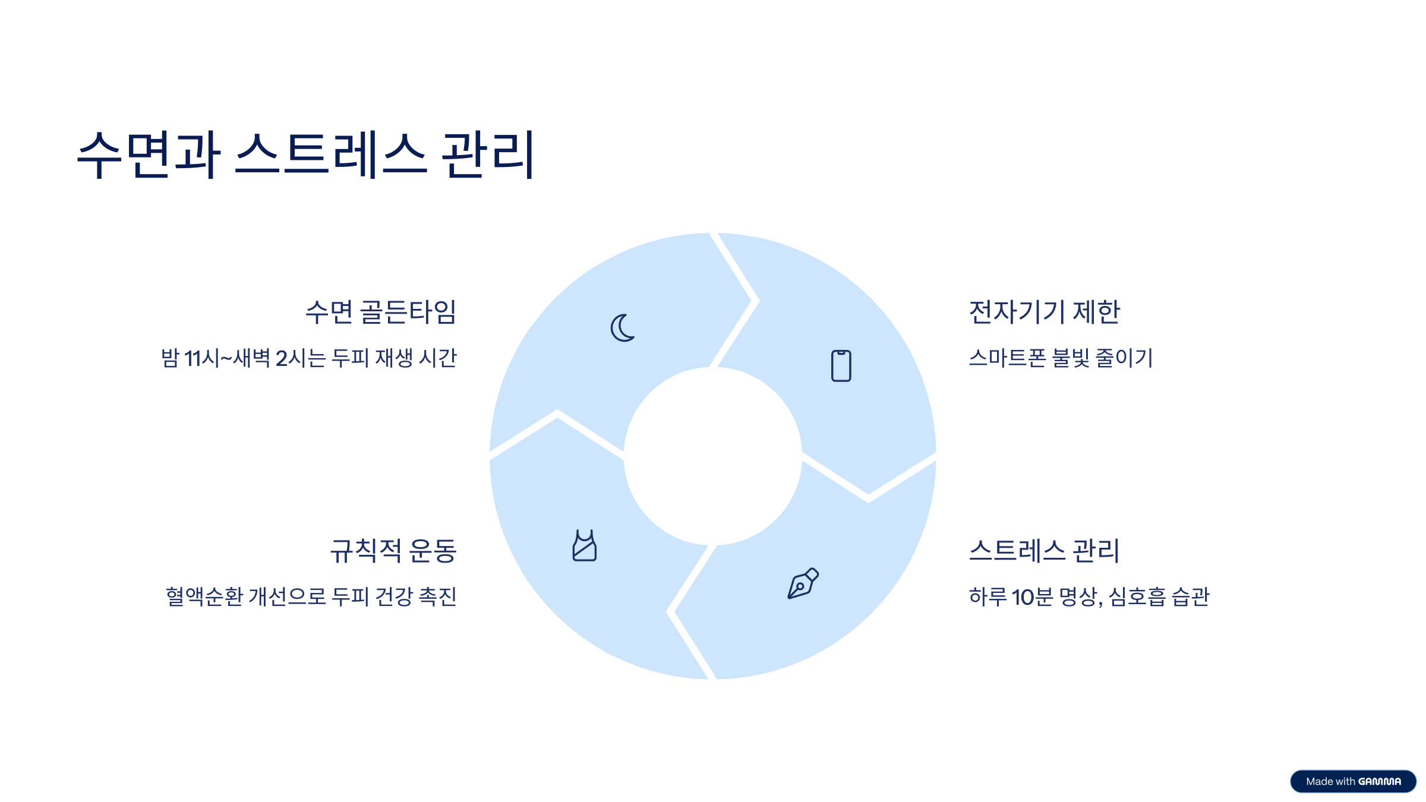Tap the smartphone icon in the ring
841,365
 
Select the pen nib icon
803,583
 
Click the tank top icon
584,545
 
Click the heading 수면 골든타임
381,312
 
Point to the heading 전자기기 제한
1044,312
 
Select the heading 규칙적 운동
393,550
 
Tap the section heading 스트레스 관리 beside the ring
1044,550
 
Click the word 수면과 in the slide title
149,154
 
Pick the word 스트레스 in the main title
331,154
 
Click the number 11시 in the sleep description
202,358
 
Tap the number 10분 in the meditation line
1032,596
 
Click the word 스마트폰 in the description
1007,358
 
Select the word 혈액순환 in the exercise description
204,596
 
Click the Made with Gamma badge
1353,781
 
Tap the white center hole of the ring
712,456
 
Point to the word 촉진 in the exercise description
438,596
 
